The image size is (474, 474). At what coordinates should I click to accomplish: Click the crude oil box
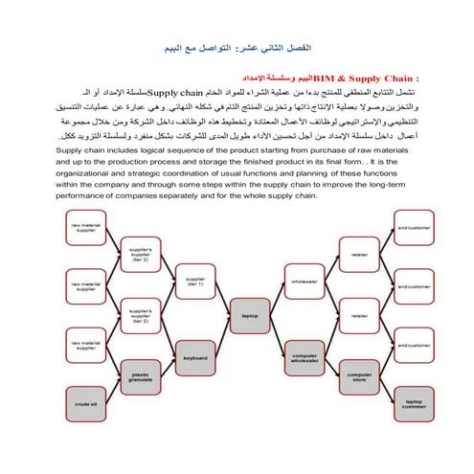[88, 405]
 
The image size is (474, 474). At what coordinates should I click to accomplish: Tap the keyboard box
[196, 357]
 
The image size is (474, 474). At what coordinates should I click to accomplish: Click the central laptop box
[250, 313]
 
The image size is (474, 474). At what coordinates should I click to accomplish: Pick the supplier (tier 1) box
[196, 283]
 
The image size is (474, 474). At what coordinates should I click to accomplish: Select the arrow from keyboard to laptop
[223, 335]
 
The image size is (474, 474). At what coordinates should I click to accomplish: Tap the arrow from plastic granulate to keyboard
[169, 367]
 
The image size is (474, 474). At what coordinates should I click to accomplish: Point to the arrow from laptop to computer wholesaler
[278, 335]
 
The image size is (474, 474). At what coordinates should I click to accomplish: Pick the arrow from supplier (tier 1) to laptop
[223, 298]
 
